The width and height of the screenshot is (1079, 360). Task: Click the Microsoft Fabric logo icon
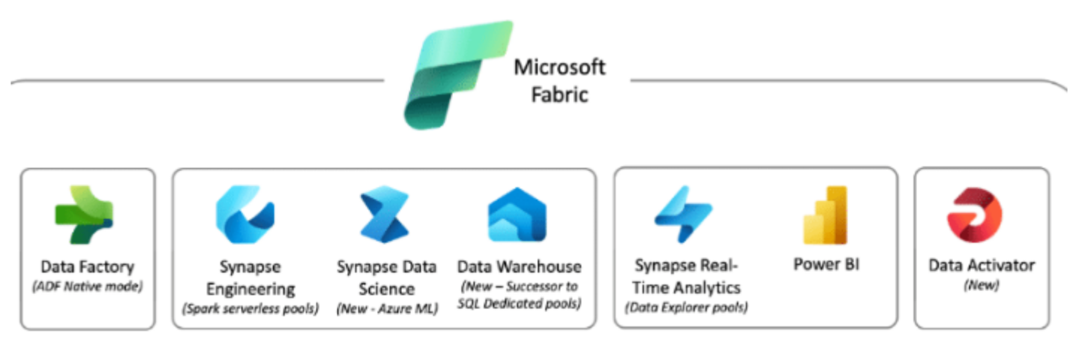pyautogui.click(x=458, y=75)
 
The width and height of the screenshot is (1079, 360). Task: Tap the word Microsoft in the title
pyautogui.click(x=559, y=67)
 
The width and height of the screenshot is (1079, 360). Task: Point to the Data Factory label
pyautogui.click(x=87, y=267)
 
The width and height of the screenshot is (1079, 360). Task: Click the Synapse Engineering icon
pyautogui.click(x=245, y=215)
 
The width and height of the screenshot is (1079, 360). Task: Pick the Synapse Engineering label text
pyautogui.click(x=250, y=277)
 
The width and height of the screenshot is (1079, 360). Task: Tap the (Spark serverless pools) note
pyautogui.click(x=250, y=308)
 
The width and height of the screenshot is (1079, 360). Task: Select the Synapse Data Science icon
pyautogui.click(x=384, y=216)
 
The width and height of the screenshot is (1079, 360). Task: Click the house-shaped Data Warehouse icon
pyautogui.click(x=517, y=215)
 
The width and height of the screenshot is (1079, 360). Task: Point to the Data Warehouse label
pyautogui.click(x=519, y=267)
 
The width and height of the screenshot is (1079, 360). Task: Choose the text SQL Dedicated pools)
pyautogui.click(x=519, y=304)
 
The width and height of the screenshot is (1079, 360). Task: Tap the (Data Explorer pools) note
pyautogui.click(x=687, y=307)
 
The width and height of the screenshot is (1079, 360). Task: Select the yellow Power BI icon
pyautogui.click(x=826, y=215)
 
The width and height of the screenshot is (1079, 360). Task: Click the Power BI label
pyautogui.click(x=827, y=265)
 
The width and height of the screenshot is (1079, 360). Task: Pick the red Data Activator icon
pyautogui.click(x=974, y=215)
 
